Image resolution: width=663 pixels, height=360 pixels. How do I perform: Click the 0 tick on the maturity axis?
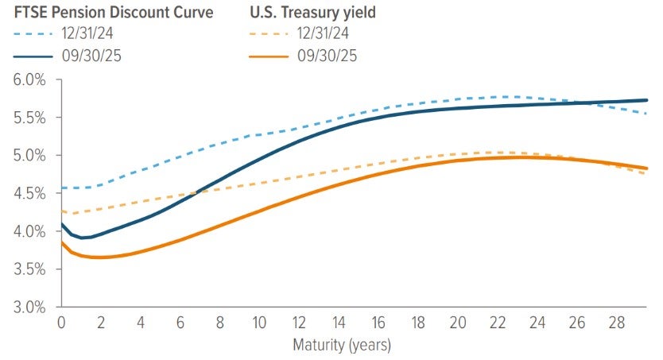coord(60,323)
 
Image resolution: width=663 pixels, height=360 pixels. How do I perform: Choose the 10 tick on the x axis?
coord(258,323)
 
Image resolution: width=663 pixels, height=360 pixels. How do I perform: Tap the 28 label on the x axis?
coord(615,323)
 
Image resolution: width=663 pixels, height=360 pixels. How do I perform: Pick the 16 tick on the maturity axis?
coord(378,323)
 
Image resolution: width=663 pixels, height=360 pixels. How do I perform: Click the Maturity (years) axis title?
coord(342,346)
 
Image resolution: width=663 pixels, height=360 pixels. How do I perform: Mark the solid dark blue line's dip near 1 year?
coord(82,238)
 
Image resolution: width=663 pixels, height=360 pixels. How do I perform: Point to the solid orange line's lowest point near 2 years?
coord(99,257)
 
